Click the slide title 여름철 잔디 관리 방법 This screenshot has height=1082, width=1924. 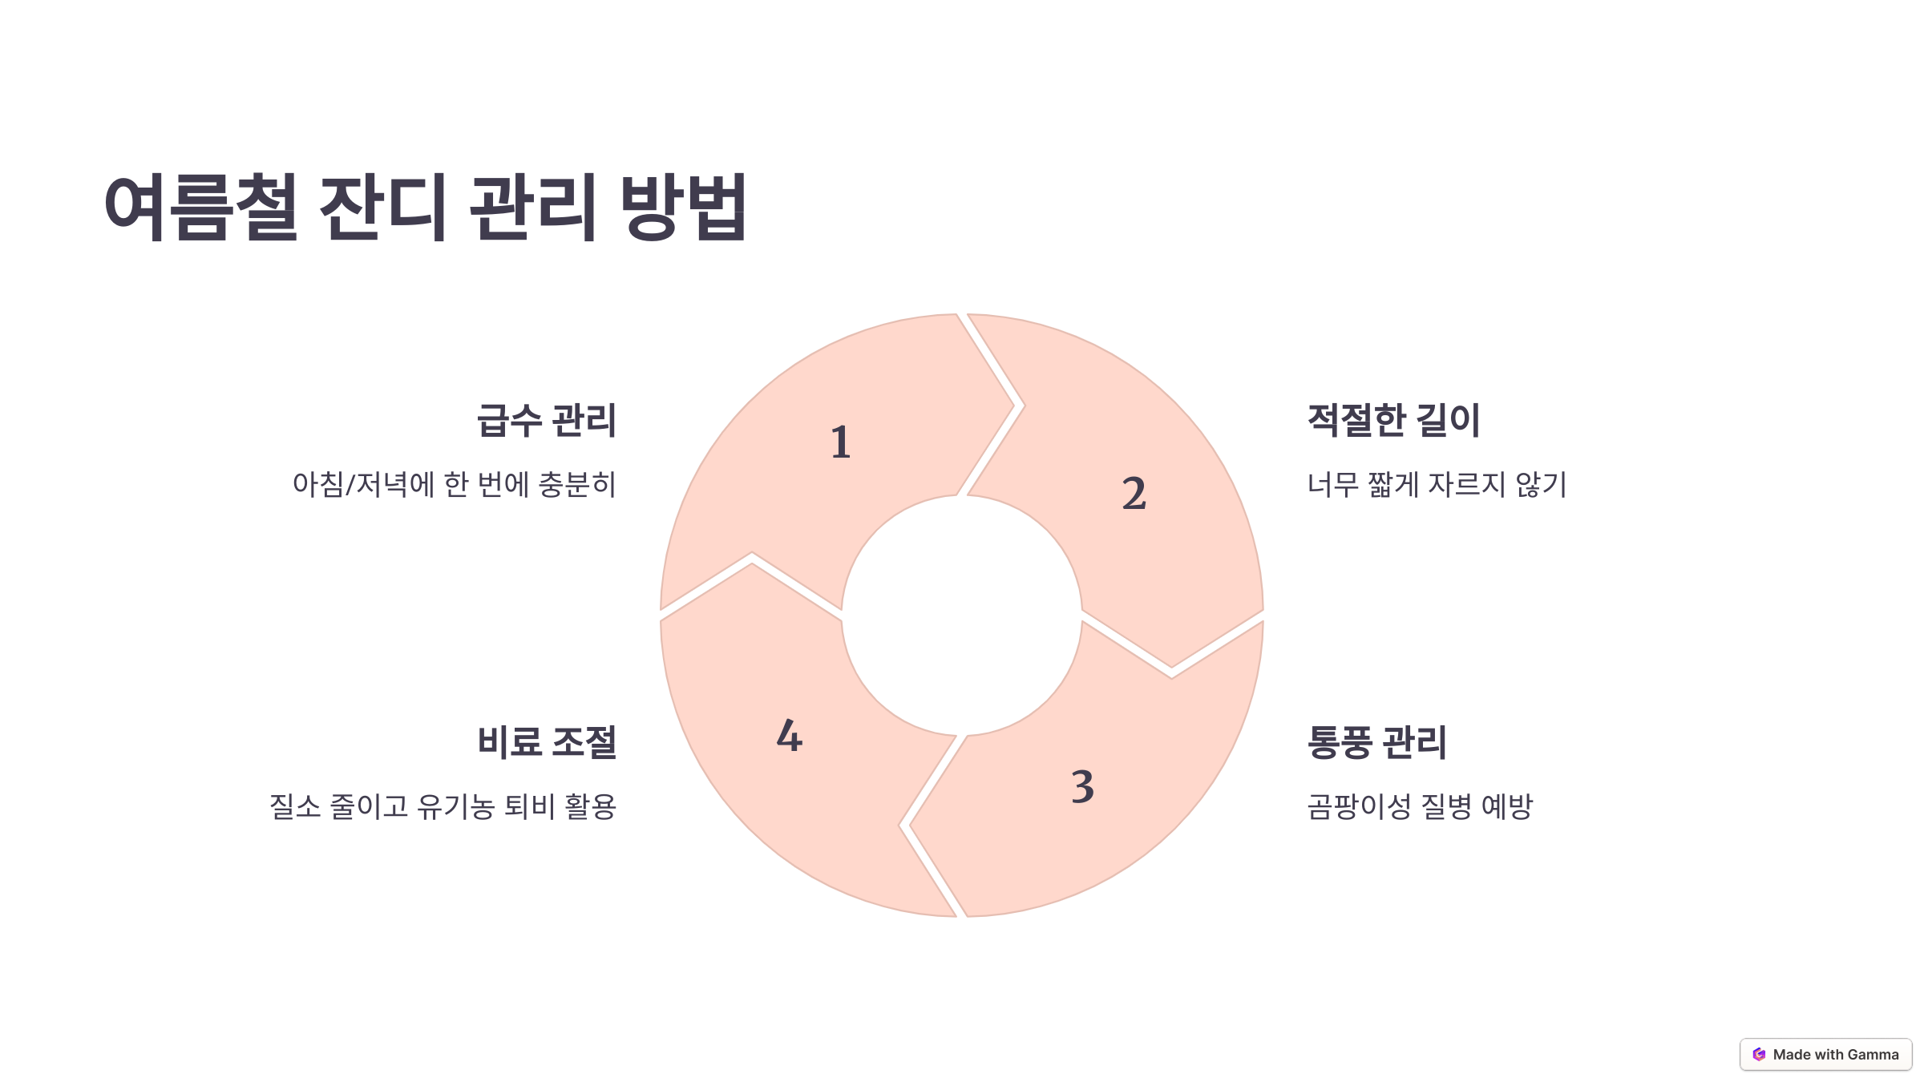[x=426, y=207]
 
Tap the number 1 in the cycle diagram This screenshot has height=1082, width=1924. [x=840, y=442]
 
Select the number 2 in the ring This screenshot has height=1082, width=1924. [x=1134, y=493]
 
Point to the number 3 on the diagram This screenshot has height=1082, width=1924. [x=1082, y=786]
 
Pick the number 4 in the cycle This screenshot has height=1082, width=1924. [x=790, y=736]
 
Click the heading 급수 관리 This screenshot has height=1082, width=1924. [x=547, y=421]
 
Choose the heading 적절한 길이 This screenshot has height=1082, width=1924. [x=1393, y=421]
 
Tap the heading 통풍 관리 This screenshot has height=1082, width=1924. [x=1376, y=742]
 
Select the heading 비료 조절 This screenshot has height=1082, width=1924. [x=547, y=742]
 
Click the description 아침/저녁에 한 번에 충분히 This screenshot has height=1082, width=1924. [x=455, y=485]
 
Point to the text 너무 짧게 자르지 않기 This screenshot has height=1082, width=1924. [x=1437, y=485]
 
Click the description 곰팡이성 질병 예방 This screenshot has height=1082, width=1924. [x=1420, y=806]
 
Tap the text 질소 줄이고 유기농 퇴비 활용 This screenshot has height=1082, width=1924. [x=443, y=806]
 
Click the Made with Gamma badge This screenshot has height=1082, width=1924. [x=1825, y=1055]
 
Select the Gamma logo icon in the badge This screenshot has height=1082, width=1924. [x=1759, y=1055]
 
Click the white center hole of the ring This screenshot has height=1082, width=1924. [x=961, y=616]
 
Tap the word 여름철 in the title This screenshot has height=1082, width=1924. [x=201, y=207]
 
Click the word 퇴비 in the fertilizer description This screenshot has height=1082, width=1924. [x=529, y=806]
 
